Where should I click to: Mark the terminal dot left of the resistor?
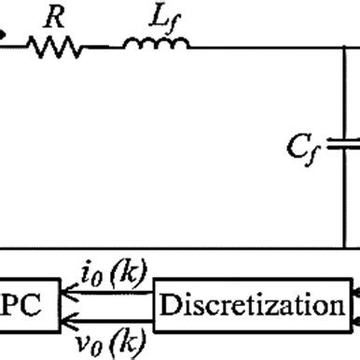click(x=3, y=36)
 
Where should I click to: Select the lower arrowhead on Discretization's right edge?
click(x=353, y=319)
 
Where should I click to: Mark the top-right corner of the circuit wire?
click(x=348, y=44)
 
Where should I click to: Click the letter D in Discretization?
click(x=169, y=305)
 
